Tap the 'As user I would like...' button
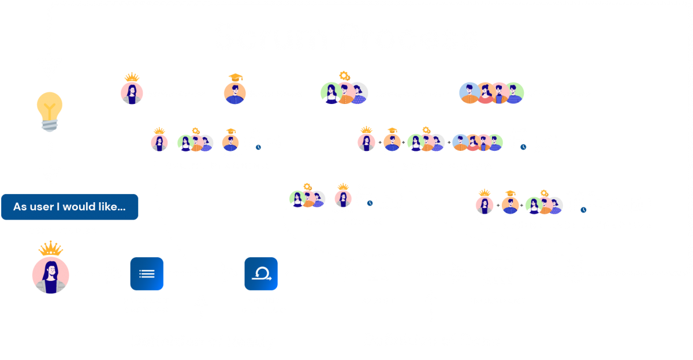point(69,206)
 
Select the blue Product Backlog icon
point(147,274)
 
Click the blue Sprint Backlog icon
point(261,274)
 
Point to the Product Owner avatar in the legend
point(132,92)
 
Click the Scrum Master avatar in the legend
point(234,92)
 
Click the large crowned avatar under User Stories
point(50,275)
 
